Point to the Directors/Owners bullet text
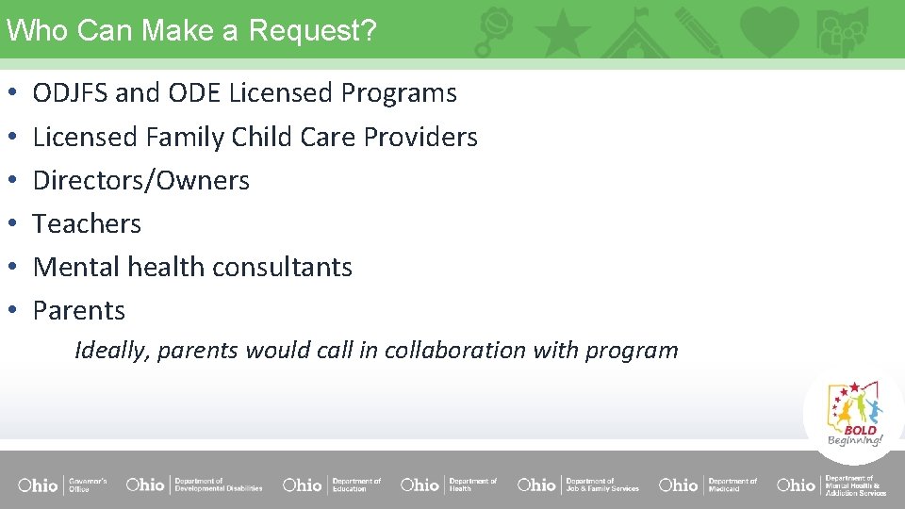pyautogui.click(x=141, y=181)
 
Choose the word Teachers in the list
pyautogui.click(x=87, y=224)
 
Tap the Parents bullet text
pyautogui.click(x=79, y=311)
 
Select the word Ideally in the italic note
pyautogui.click(x=112, y=351)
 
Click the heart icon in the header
pyautogui.click(x=769, y=30)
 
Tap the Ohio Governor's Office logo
pyautogui.click(x=62, y=484)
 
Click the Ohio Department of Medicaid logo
pyautogui.click(x=708, y=484)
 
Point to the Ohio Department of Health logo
pyautogui.click(x=449, y=484)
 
